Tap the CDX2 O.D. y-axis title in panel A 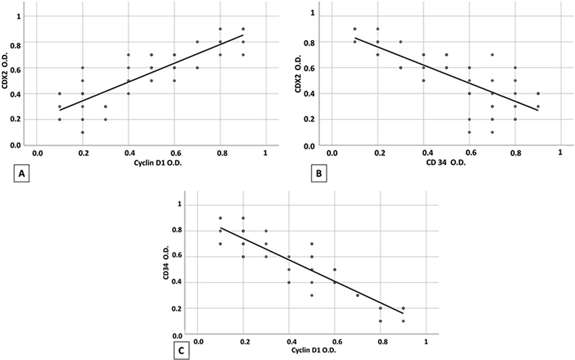6,80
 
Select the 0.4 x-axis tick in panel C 290,342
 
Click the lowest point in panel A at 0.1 59,120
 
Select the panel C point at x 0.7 358,295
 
